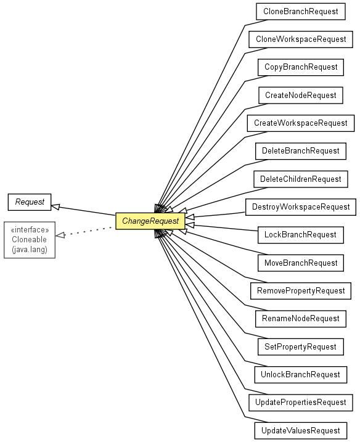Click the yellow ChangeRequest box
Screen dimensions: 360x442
click(x=150, y=221)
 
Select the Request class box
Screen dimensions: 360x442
click(x=30, y=202)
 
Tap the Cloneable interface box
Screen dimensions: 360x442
click(x=30, y=240)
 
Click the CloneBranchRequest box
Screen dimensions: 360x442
click(x=301, y=12)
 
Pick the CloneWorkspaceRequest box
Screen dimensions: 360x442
click(x=301, y=39)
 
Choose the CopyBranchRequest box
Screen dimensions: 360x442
click(x=301, y=67)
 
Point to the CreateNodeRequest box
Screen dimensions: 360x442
click(x=301, y=96)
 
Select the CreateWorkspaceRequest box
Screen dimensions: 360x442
click(x=301, y=123)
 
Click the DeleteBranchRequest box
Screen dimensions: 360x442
click(x=301, y=151)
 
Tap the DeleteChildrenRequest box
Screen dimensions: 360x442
click(x=301, y=179)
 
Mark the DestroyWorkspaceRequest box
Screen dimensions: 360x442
click(x=301, y=207)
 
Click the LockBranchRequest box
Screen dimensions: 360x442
click(x=301, y=235)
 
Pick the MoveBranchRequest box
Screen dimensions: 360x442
click(x=301, y=263)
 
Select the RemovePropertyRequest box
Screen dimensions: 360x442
click(x=301, y=291)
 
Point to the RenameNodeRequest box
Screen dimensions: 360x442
click(x=301, y=319)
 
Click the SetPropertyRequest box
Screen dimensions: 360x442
click(x=301, y=346)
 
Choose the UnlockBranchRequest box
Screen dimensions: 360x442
click(x=301, y=375)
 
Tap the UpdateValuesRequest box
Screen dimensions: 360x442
click(x=301, y=431)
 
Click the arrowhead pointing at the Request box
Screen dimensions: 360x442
click(x=55, y=207)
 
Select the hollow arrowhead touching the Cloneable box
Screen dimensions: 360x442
click(x=60, y=235)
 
